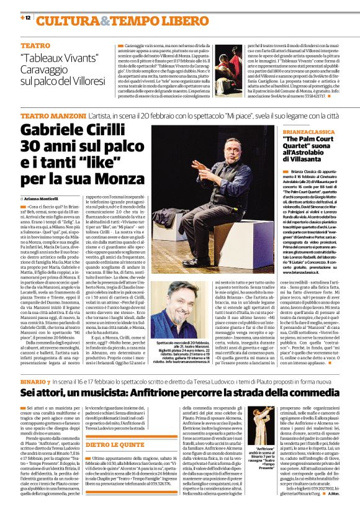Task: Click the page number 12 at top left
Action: [x=28, y=19]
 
